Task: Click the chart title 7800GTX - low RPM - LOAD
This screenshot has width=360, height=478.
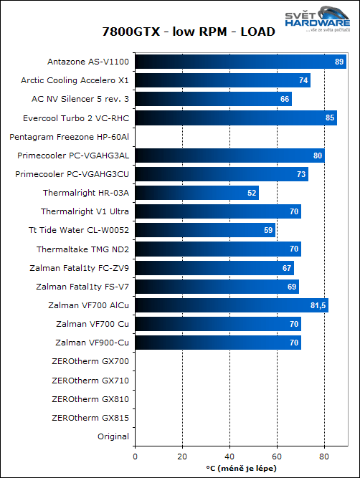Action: [x=179, y=32]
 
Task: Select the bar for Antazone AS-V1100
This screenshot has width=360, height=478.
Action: [x=241, y=62]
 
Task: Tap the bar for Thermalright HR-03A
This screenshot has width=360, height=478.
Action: [x=196, y=192]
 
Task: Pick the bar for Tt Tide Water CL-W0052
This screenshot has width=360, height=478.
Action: [x=205, y=230]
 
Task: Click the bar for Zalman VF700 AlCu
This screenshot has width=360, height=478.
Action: [x=231, y=305]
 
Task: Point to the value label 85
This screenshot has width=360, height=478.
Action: [x=330, y=118]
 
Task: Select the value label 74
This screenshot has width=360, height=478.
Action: [x=304, y=80]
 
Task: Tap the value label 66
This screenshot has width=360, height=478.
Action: [x=285, y=99]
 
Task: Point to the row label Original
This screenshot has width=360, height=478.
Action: [x=113, y=436]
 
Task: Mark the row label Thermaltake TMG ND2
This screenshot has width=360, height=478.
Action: [x=82, y=249]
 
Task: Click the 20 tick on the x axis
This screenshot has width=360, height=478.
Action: [x=182, y=454]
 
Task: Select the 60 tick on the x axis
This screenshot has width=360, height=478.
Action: [x=277, y=454]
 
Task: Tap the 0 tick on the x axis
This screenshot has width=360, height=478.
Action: [x=135, y=454]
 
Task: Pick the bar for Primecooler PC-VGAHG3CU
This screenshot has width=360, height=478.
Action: [x=221, y=173]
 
